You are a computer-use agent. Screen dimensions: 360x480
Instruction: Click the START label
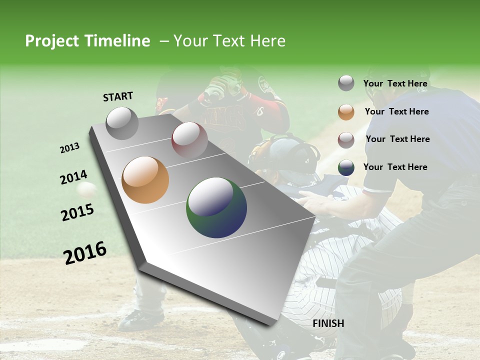click(x=118, y=96)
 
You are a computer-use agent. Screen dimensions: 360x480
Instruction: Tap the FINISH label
click(x=328, y=323)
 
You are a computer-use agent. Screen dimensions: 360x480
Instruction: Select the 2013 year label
click(x=69, y=148)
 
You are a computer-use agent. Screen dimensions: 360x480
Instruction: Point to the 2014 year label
click(x=73, y=177)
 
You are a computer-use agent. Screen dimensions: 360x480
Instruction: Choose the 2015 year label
click(x=77, y=212)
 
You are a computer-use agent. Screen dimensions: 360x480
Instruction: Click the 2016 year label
click(x=85, y=253)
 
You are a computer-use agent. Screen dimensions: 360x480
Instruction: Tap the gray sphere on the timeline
click(x=122, y=123)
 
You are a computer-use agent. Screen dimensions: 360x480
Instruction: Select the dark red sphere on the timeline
click(x=189, y=139)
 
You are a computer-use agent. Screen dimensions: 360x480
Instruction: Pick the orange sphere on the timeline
click(x=145, y=180)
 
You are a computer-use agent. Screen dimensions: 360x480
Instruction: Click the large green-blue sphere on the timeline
click(x=216, y=207)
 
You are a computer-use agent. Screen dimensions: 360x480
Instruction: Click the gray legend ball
click(x=346, y=83)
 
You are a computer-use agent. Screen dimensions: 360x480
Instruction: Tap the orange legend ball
click(x=346, y=112)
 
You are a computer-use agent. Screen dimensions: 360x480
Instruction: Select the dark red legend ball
click(x=346, y=140)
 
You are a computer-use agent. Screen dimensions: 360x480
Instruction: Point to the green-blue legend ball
click(x=346, y=167)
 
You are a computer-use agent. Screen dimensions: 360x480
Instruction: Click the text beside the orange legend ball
click(x=396, y=111)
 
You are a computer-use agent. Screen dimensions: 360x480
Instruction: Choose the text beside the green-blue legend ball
click(x=395, y=167)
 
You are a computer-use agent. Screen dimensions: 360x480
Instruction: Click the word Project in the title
click(x=52, y=41)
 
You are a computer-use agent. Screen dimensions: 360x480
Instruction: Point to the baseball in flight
click(x=87, y=190)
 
